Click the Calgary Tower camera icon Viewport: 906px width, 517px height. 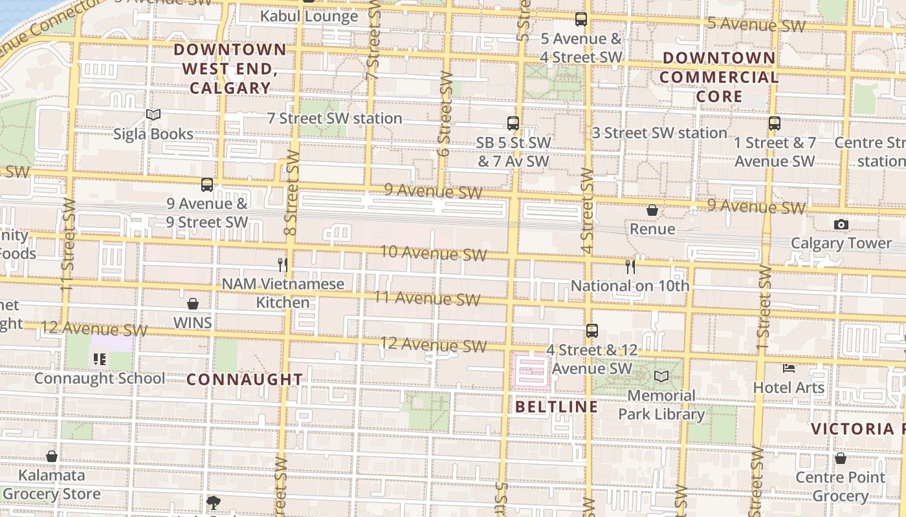coord(841,224)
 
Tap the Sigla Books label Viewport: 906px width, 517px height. coord(153,134)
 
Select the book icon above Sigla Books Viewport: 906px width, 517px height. coord(153,115)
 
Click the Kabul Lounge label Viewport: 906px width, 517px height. coord(309,16)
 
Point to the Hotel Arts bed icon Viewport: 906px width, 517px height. coord(788,368)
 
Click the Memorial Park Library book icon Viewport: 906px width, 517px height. coord(661,376)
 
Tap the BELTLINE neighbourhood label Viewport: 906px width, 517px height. coord(557,406)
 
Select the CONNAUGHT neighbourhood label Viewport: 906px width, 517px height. coord(245,379)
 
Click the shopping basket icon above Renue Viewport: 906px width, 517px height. coord(652,210)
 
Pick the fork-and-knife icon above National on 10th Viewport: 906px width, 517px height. coord(630,266)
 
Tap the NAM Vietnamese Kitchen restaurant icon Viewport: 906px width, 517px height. coord(282,264)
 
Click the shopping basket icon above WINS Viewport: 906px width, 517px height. coord(192,304)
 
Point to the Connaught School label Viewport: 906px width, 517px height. coord(99,378)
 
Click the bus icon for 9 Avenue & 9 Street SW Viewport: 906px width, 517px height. coord(207,185)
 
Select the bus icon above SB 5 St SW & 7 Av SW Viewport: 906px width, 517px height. coord(513,123)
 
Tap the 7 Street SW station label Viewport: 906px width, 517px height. coord(335,118)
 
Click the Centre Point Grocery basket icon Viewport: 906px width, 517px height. coord(840,459)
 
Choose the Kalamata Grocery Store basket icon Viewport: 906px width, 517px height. coord(52,457)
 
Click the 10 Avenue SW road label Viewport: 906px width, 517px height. coord(433,252)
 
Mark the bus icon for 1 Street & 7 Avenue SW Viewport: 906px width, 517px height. coord(775,123)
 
